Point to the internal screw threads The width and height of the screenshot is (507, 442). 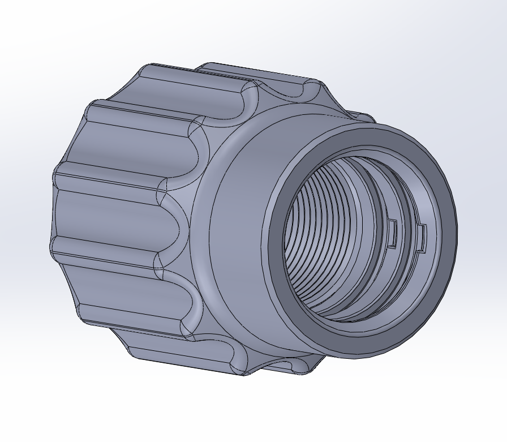317,238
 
